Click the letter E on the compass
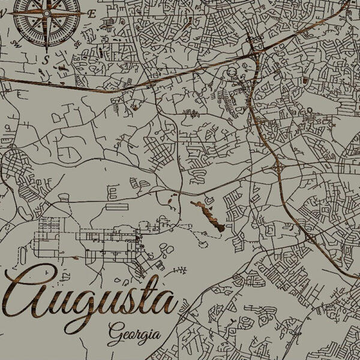tap(91, 13)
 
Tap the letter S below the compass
tap(46, 58)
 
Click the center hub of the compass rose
tap(46, 13)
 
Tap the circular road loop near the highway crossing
tap(233, 73)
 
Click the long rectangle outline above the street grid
tap(118, 206)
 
